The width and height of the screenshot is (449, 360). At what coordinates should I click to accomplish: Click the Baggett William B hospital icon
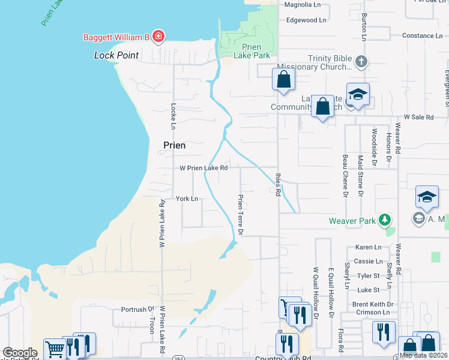[158, 37]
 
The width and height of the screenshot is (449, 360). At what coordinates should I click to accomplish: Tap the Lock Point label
[116, 55]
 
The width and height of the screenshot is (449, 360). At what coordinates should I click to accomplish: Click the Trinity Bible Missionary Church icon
[361, 61]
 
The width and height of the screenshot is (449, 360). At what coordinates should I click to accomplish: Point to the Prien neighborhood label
[175, 145]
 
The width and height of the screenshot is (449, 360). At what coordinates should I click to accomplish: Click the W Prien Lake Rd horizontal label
[203, 168]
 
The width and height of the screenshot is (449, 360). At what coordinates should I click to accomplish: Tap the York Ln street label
[187, 199]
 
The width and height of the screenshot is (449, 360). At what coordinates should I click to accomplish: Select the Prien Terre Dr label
[241, 214]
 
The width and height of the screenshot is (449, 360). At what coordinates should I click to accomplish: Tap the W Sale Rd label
[418, 117]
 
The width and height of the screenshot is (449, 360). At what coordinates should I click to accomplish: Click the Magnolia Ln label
[303, 5]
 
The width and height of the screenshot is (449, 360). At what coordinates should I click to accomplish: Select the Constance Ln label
[422, 35]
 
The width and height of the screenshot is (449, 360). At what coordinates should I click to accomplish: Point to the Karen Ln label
[369, 247]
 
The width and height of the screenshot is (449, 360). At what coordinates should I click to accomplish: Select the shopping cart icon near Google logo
[55, 348]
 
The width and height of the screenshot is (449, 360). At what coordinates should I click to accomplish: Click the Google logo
[20, 353]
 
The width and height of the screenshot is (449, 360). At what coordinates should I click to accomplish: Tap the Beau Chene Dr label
[345, 175]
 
